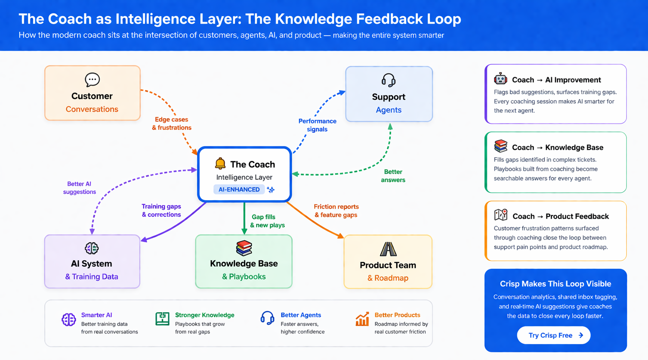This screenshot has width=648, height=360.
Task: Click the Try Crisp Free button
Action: [x=553, y=335]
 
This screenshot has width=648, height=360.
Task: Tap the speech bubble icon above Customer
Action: [x=92, y=80]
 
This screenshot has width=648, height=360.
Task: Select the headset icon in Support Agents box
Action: [x=388, y=80]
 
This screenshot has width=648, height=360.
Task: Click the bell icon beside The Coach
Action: [x=220, y=164]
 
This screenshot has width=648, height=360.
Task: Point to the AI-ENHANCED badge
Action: [x=239, y=189]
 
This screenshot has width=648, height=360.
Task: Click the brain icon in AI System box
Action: [x=92, y=248]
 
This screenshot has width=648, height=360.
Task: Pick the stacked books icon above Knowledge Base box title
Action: [x=244, y=248]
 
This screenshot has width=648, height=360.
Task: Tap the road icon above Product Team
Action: [x=388, y=249]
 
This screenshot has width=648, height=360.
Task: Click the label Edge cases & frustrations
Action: [x=172, y=124]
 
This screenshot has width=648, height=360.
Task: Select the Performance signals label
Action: [x=317, y=125]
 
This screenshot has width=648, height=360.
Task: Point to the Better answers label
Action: [x=393, y=176]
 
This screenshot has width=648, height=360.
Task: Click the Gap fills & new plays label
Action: [x=268, y=221]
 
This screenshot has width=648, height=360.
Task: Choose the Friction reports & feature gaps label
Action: [x=336, y=211]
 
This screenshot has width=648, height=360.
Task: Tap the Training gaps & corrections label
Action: [x=161, y=211]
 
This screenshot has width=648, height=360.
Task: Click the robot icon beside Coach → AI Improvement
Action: [x=501, y=79]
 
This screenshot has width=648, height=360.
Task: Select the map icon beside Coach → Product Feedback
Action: [x=501, y=215]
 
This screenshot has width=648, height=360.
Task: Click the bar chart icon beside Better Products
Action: [x=362, y=319]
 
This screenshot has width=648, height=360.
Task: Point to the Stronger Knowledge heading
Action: [x=204, y=315]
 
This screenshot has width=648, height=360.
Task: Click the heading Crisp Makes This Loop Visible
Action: [x=555, y=284]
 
